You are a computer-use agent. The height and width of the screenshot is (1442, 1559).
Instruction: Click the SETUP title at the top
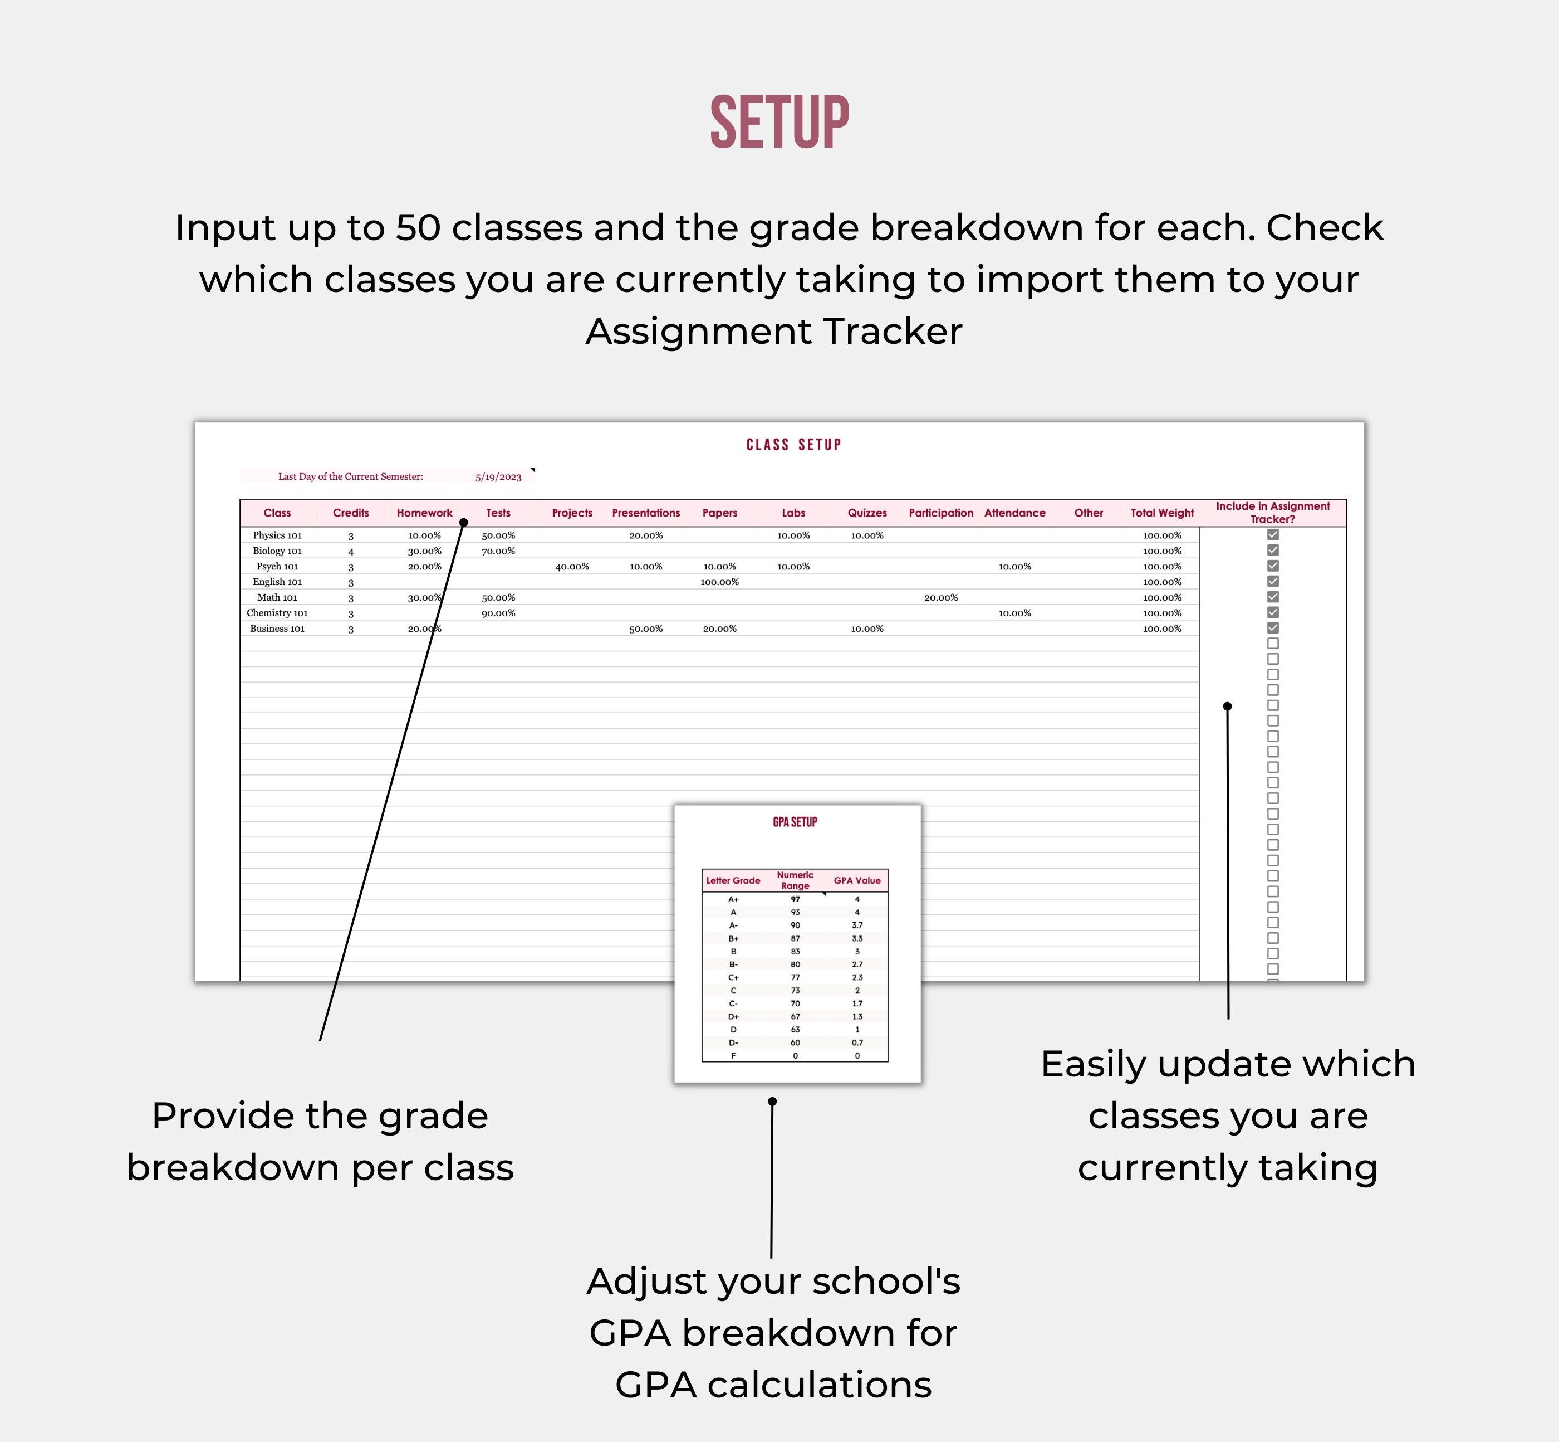click(x=779, y=123)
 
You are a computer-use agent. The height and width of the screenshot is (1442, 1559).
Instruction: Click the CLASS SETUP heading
click(x=793, y=445)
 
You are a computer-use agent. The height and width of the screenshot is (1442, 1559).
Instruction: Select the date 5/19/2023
click(x=498, y=477)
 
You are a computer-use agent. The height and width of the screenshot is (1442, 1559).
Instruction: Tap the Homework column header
click(x=424, y=513)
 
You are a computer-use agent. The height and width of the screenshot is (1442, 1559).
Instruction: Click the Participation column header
click(x=940, y=513)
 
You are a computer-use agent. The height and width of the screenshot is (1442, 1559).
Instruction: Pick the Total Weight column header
click(x=1162, y=513)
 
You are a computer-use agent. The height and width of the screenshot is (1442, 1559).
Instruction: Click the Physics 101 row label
click(x=277, y=535)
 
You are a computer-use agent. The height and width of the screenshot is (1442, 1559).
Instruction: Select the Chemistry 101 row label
click(x=277, y=613)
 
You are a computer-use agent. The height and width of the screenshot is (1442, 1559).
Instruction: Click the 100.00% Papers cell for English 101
click(x=719, y=582)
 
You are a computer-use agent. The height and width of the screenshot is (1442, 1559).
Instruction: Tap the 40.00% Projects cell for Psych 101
click(x=572, y=567)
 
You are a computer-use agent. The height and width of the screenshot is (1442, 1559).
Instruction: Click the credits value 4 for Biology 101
click(x=351, y=552)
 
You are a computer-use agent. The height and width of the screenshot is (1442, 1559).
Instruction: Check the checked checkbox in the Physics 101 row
click(x=1273, y=534)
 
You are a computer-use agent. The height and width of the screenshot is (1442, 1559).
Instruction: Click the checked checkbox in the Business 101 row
click(x=1273, y=627)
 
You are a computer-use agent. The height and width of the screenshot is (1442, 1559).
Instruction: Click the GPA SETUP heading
click(x=795, y=822)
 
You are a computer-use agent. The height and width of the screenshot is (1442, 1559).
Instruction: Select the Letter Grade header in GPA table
click(x=733, y=880)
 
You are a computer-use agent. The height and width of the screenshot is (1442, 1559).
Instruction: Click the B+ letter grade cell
click(x=733, y=938)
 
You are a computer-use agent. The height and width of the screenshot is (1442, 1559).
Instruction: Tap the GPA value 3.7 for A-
click(x=857, y=925)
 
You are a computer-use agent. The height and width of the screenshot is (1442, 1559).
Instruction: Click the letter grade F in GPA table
click(x=733, y=1056)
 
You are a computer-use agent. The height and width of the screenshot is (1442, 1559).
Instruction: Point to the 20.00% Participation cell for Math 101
click(x=940, y=598)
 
